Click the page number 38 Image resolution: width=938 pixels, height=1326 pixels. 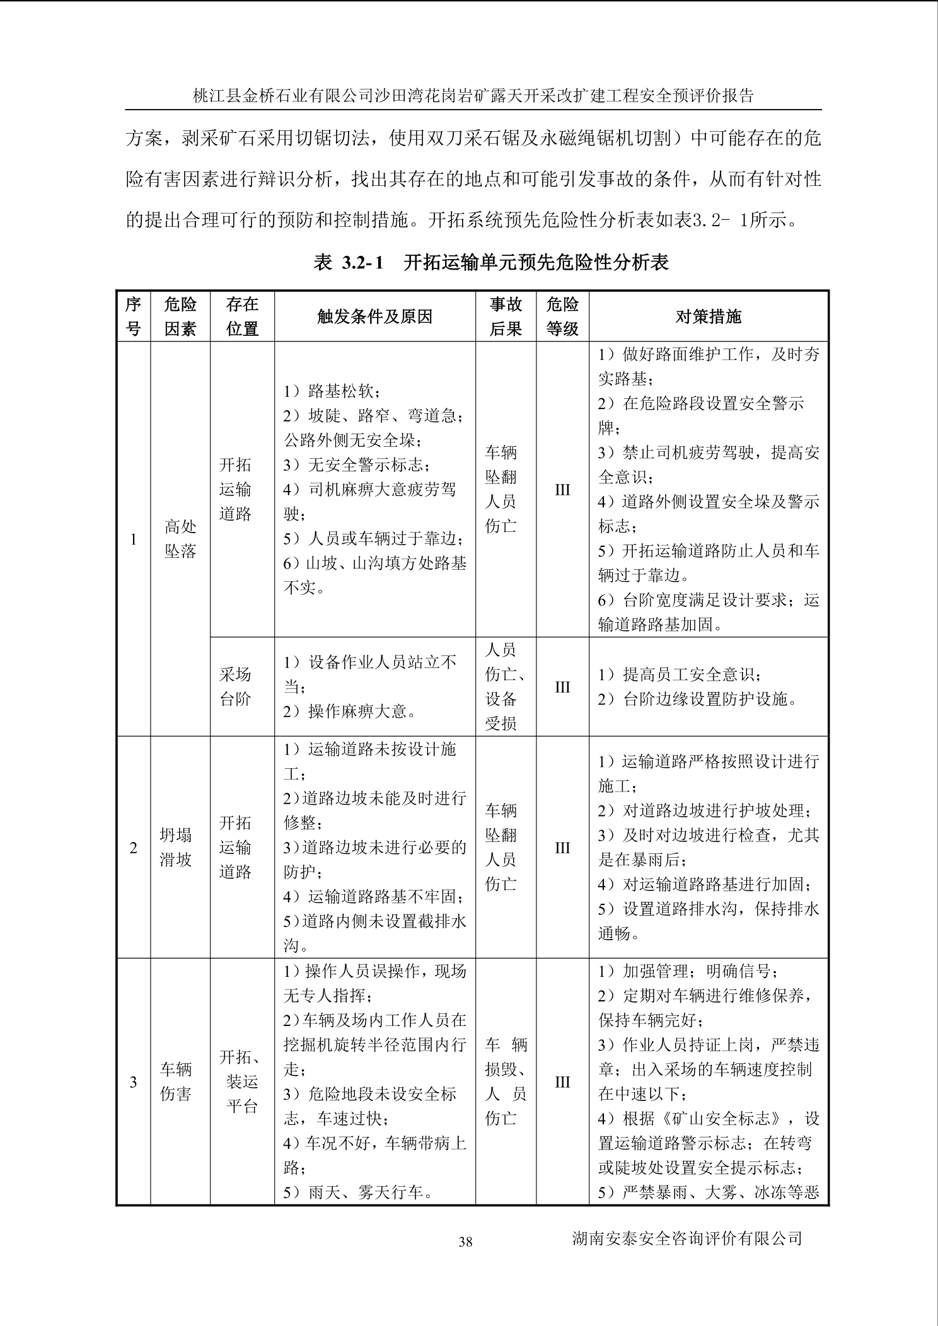(x=465, y=1242)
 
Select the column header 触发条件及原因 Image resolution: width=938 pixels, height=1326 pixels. (x=374, y=316)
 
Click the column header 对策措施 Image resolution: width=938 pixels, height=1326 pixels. (x=708, y=316)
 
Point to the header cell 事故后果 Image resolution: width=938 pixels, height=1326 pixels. (x=506, y=316)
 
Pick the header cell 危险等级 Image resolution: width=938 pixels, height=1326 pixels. (x=562, y=316)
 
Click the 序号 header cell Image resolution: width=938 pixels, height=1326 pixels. (x=134, y=316)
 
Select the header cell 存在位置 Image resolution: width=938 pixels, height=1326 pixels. (x=242, y=316)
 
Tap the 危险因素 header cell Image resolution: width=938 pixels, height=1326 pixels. (x=180, y=316)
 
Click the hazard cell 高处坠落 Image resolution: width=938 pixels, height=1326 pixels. (x=180, y=539)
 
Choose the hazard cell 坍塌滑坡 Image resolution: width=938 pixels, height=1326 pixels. (x=175, y=848)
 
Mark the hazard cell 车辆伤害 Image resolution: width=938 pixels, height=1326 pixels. (x=175, y=1081)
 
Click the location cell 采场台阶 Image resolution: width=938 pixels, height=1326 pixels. (x=235, y=687)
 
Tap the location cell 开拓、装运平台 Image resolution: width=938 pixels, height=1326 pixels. (x=242, y=1081)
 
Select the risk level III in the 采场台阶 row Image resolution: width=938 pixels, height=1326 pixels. (x=562, y=687)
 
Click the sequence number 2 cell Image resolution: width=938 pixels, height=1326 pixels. (x=134, y=848)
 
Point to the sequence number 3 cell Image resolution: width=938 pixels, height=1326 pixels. (x=134, y=1082)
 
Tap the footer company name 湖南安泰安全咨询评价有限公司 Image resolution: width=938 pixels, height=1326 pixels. (x=687, y=1238)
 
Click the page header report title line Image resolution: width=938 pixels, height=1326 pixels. (x=473, y=96)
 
